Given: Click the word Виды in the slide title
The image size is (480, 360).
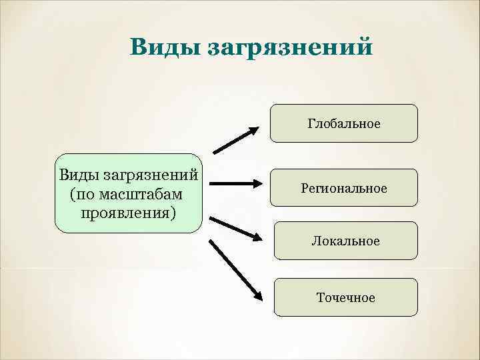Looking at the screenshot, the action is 163,47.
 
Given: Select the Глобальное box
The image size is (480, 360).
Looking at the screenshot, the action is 344,123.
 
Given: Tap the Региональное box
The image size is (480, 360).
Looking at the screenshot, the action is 344,189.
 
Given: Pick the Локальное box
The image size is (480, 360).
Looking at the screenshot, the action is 344,241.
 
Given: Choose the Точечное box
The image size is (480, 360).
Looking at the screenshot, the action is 344,297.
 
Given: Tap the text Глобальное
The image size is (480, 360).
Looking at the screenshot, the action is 344,123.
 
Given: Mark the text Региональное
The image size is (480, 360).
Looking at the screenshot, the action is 344,189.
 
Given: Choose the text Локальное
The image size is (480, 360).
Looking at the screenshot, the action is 344,241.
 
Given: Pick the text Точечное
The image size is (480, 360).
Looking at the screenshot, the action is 344,297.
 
